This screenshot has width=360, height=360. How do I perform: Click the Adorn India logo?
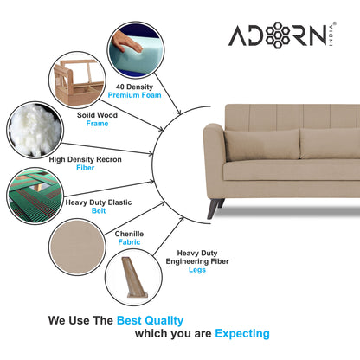(277, 36)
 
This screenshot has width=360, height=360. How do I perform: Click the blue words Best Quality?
(154, 319)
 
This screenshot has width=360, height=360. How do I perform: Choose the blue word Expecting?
(241, 333)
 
